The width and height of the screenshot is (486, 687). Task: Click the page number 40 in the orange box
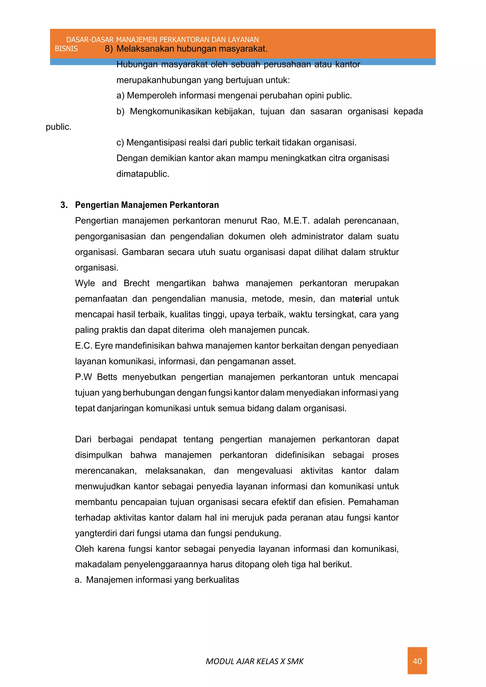(417, 661)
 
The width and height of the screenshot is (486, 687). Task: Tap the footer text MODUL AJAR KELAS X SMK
(254, 661)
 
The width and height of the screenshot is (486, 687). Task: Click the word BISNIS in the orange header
(66, 49)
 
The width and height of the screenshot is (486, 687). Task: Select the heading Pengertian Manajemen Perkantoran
(147, 205)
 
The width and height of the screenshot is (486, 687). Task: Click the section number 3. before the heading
(64, 205)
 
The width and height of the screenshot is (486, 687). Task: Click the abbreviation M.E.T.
(296, 221)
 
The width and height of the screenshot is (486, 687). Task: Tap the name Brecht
(136, 283)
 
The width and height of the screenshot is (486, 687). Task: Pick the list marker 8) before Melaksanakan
(109, 49)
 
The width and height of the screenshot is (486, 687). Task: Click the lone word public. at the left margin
(59, 127)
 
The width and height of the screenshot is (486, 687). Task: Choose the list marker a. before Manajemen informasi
(78, 580)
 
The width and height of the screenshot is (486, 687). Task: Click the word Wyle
(85, 283)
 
